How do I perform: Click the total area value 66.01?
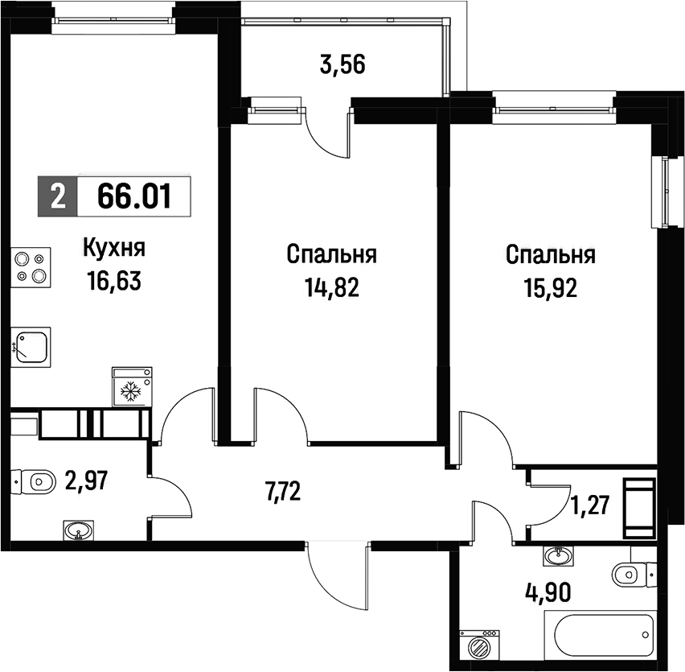133,196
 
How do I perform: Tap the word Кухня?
114,249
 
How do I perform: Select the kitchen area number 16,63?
114,280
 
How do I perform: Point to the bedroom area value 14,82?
332,287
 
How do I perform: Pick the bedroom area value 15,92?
551,287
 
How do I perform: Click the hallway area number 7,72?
284,492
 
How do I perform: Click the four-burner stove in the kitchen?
31,267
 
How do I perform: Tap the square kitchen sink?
31,347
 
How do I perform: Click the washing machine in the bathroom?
479,646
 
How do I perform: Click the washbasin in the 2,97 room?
79,530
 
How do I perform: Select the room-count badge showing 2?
58,196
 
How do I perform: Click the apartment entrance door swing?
336,577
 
